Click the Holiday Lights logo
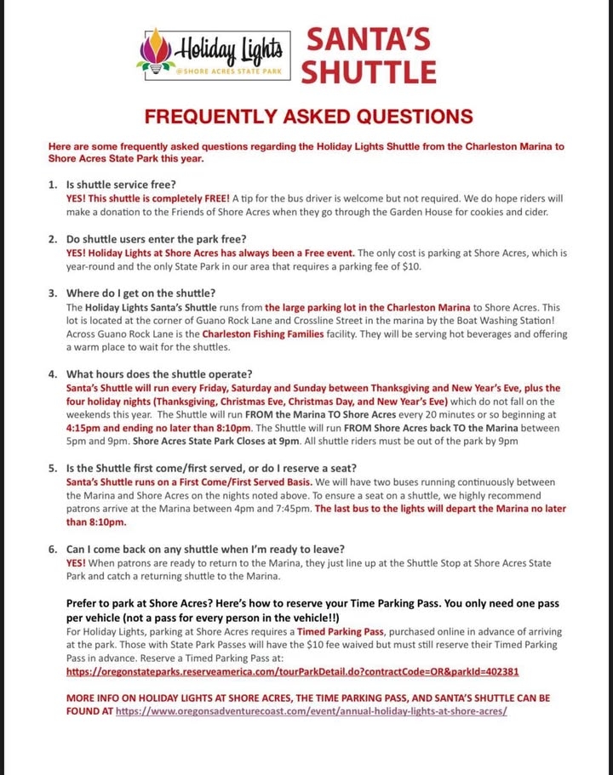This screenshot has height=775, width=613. point(213,54)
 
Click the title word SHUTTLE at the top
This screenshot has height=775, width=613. point(369,72)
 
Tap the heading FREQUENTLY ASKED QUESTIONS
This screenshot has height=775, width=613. point(307,116)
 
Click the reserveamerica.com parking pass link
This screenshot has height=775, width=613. point(292,670)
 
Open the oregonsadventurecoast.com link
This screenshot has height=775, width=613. point(312,710)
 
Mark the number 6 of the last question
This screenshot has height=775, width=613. point(52,548)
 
